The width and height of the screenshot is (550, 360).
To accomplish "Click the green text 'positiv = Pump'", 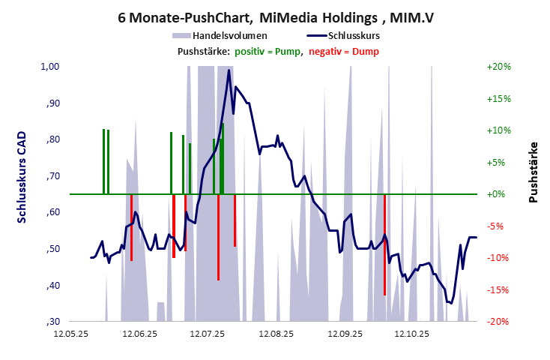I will coord(268,51).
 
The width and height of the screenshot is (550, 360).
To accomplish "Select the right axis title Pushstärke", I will coord(534,172).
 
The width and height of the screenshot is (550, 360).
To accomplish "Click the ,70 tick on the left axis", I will coord(52,176).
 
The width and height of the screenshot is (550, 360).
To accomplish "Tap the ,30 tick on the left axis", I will coord(52,322).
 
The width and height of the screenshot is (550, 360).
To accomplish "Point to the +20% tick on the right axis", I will coord(498,67).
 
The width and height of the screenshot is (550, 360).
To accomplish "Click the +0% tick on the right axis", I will coord(498,194).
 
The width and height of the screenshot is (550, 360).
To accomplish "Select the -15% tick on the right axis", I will coord(498,289).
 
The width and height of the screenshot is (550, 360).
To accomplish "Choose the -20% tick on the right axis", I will coord(498,322).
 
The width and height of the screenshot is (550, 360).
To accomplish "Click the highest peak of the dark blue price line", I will coord(229,70).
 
